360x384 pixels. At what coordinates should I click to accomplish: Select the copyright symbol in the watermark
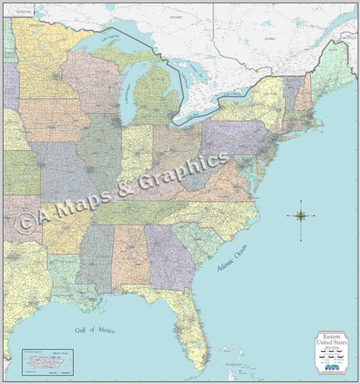click(26, 221)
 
